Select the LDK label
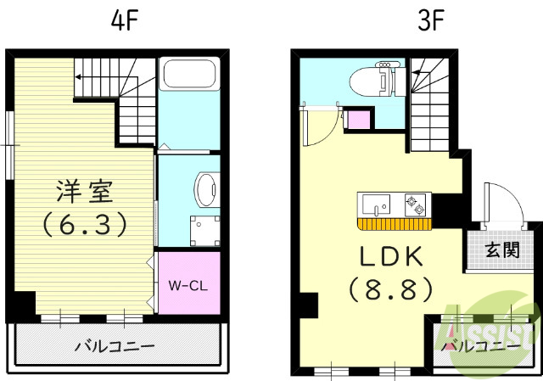pos(391,255)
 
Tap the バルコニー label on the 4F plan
pos(115,346)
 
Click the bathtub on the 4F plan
pos(190,76)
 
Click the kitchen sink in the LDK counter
pos(374,204)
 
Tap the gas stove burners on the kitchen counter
pos(415,204)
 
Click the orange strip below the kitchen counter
pos(395,224)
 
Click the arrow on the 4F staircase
pos(77,76)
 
